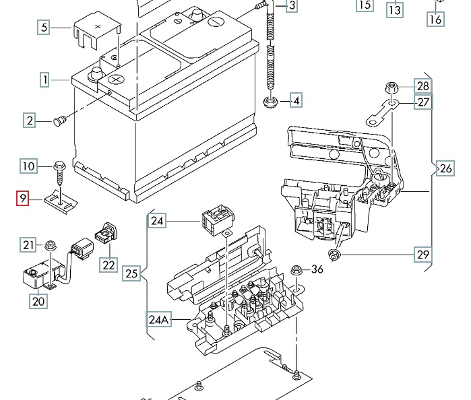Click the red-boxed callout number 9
(22, 199)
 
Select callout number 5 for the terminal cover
(44, 27)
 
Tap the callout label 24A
(158, 319)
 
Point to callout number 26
(445, 168)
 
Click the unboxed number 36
(317, 269)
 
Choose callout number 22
(108, 265)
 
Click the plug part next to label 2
(60, 121)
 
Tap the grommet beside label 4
(270, 102)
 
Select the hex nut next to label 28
(391, 88)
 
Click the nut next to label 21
(51, 246)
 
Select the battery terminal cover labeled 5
(97, 30)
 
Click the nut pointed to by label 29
(334, 255)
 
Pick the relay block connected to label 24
(218, 220)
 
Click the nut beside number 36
(296, 270)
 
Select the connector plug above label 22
(106, 233)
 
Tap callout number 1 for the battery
(44, 79)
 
